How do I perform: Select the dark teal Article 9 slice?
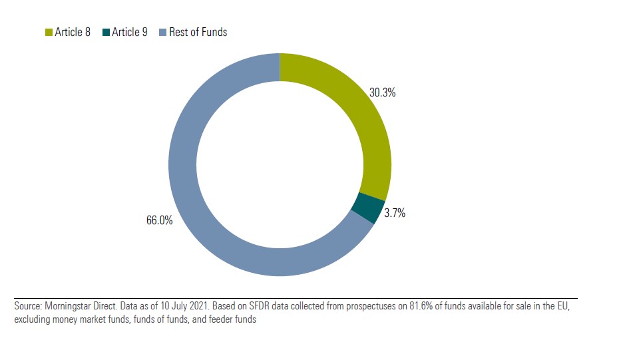click(367, 207)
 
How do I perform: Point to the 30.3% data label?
click(382, 93)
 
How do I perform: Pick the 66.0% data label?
click(159, 220)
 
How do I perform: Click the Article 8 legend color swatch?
click(48, 32)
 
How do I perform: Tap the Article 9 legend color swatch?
click(106, 32)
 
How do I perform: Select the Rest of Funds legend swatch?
click(163, 32)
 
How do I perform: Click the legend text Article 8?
click(73, 32)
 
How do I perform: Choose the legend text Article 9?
click(130, 32)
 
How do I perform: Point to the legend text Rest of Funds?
click(198, 32)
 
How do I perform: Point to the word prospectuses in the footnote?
click(347, 307)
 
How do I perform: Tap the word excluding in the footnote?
click(31, 319)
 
